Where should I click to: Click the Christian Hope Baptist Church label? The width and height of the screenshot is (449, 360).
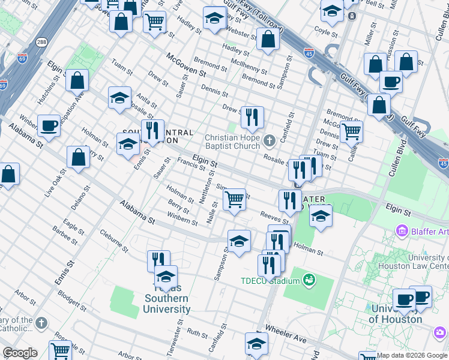point(235,142)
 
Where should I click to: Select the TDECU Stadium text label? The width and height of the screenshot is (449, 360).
point(270,281)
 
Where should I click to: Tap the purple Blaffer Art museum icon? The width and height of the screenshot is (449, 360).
point(402,231)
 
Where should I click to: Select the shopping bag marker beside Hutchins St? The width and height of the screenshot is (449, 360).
point(77,80)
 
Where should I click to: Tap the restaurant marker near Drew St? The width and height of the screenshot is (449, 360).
point(252,117)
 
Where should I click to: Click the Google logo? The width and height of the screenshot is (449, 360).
point(20,353)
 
